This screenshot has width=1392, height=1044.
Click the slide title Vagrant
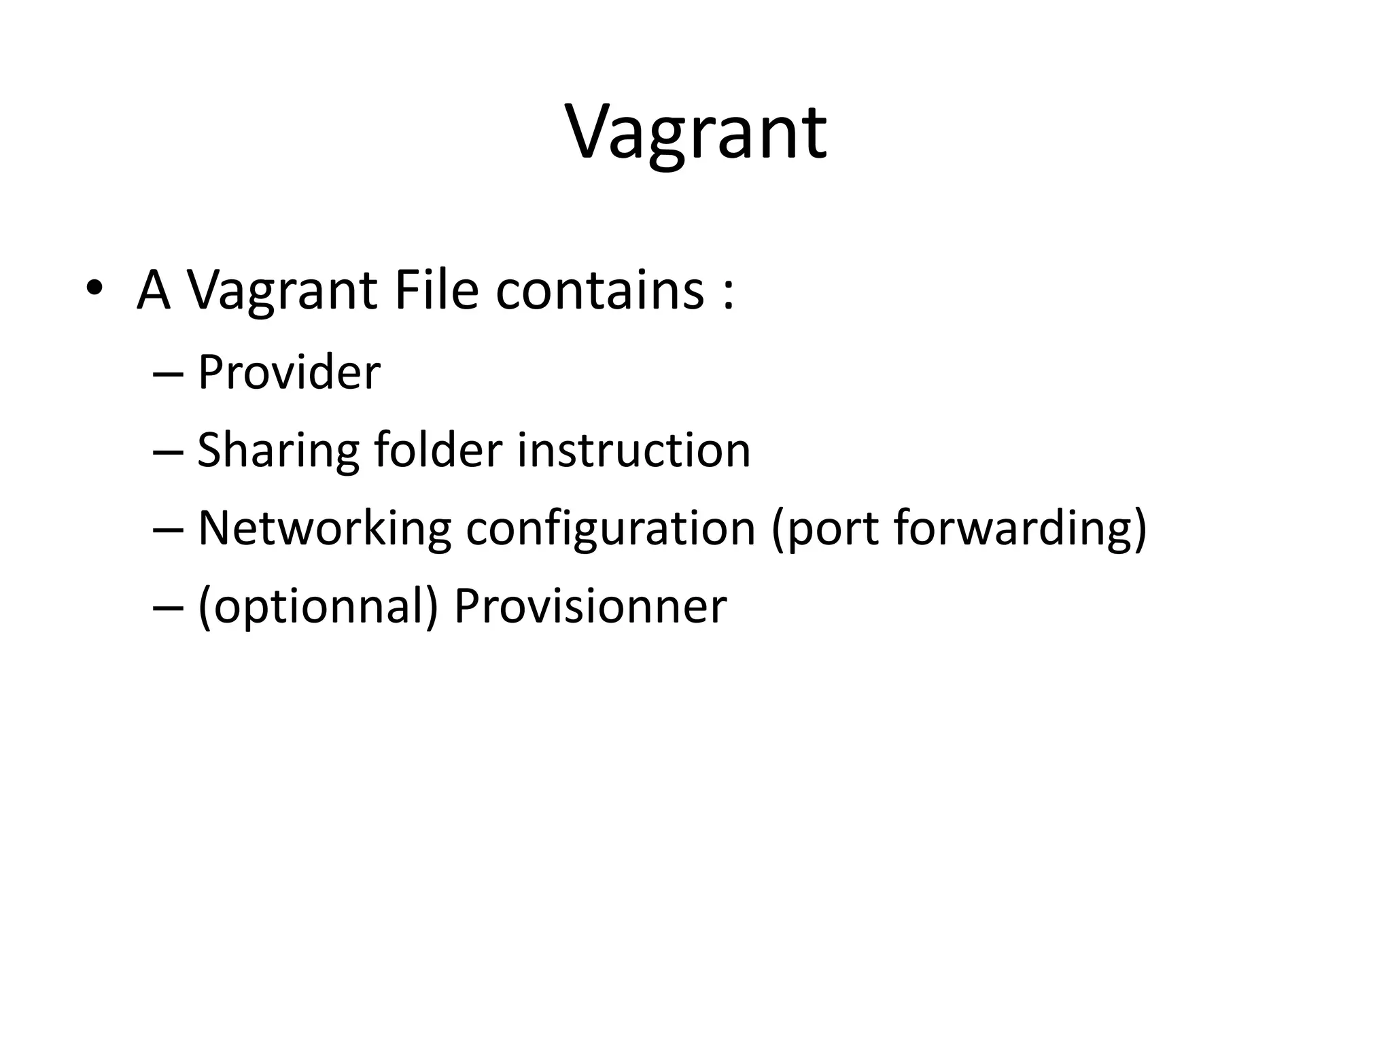point(696,133)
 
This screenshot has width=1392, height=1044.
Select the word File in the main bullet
point(436,290)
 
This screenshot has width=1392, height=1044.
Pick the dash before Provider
point(169,376)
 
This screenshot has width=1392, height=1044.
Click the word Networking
point(324,529)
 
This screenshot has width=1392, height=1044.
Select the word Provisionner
point(590,606)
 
